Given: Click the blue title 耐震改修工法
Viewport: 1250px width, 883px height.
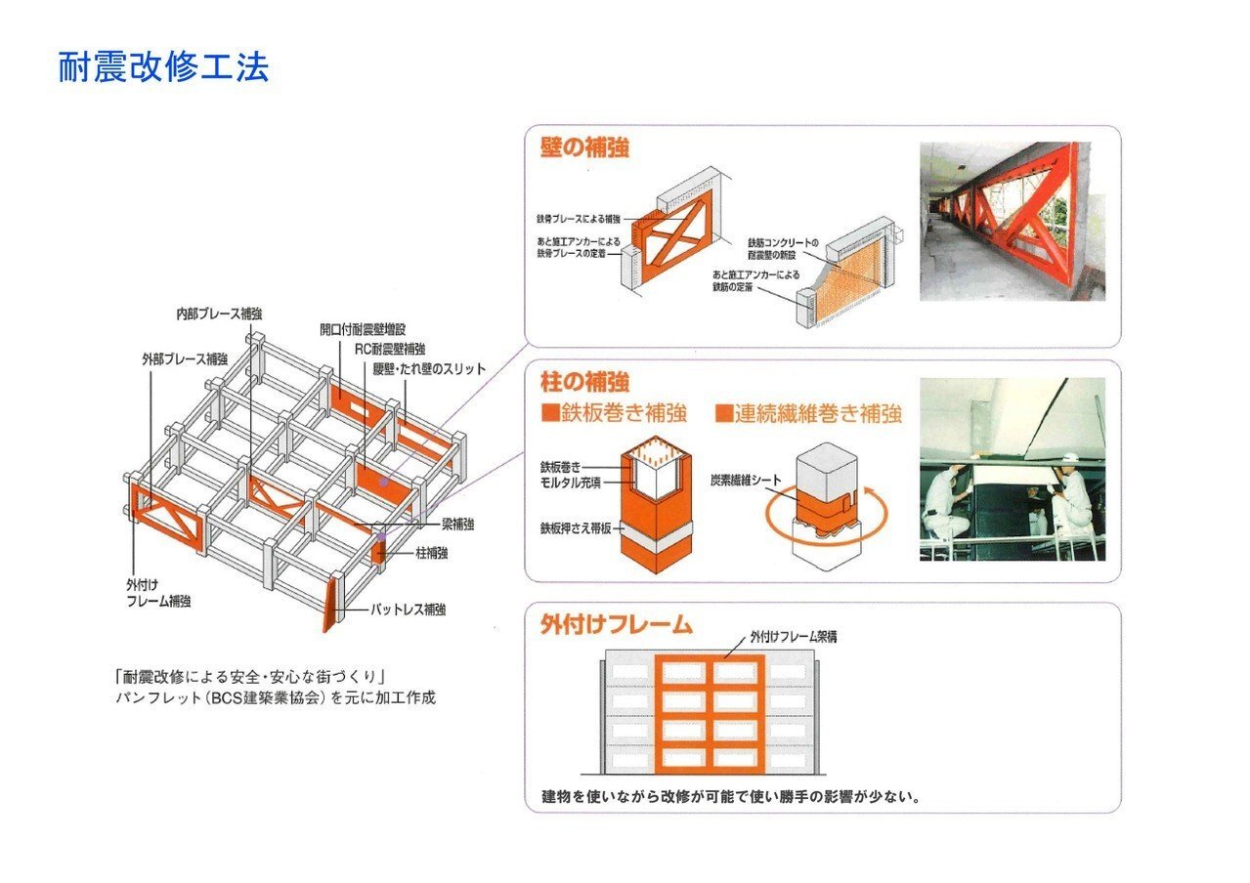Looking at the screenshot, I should pos(163,67).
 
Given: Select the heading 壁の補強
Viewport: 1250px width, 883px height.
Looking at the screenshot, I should pos(584,147).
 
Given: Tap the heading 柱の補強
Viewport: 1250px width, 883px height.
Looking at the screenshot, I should pos(584,381).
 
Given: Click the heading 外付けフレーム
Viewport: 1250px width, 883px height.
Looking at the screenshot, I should pos(616,624).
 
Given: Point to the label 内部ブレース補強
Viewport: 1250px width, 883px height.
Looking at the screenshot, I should pos(219,314).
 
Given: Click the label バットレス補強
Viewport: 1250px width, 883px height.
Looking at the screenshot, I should pos(409,609).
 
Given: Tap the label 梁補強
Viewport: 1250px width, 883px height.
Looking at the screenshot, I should pos(457,525).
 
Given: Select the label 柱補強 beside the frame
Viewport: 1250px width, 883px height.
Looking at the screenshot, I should pos(431,553).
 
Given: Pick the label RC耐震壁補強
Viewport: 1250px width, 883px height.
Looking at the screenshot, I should pos(389,349).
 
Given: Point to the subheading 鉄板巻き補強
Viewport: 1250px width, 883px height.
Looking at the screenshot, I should pos(614,413).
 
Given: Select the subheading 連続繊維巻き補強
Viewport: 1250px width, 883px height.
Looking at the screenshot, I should pos(807,413).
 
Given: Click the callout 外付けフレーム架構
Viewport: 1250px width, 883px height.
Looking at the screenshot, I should pos(793,636).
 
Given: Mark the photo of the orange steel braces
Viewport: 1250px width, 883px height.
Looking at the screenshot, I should pos(1013,221).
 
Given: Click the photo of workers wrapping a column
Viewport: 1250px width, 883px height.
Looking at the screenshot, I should pos(1013,469).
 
